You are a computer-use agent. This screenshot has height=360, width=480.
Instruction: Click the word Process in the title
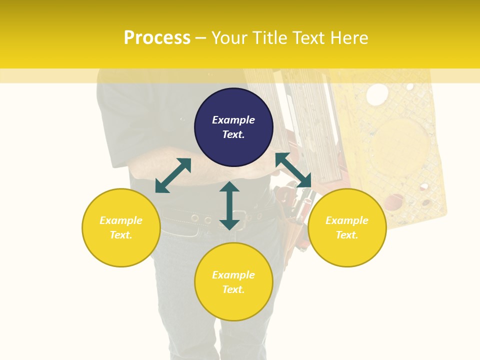156,38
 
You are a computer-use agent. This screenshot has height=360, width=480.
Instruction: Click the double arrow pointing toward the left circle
173,175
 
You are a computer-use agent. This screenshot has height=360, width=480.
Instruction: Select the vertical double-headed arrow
229,205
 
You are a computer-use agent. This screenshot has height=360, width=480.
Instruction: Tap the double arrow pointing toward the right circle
293,170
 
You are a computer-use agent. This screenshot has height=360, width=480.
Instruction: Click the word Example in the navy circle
233,120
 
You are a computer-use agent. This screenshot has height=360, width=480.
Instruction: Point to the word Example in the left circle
121,220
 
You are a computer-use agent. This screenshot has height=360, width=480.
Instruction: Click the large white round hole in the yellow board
377,94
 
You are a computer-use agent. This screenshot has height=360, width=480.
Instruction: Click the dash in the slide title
200,38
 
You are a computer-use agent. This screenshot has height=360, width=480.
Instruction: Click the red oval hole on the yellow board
395,200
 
